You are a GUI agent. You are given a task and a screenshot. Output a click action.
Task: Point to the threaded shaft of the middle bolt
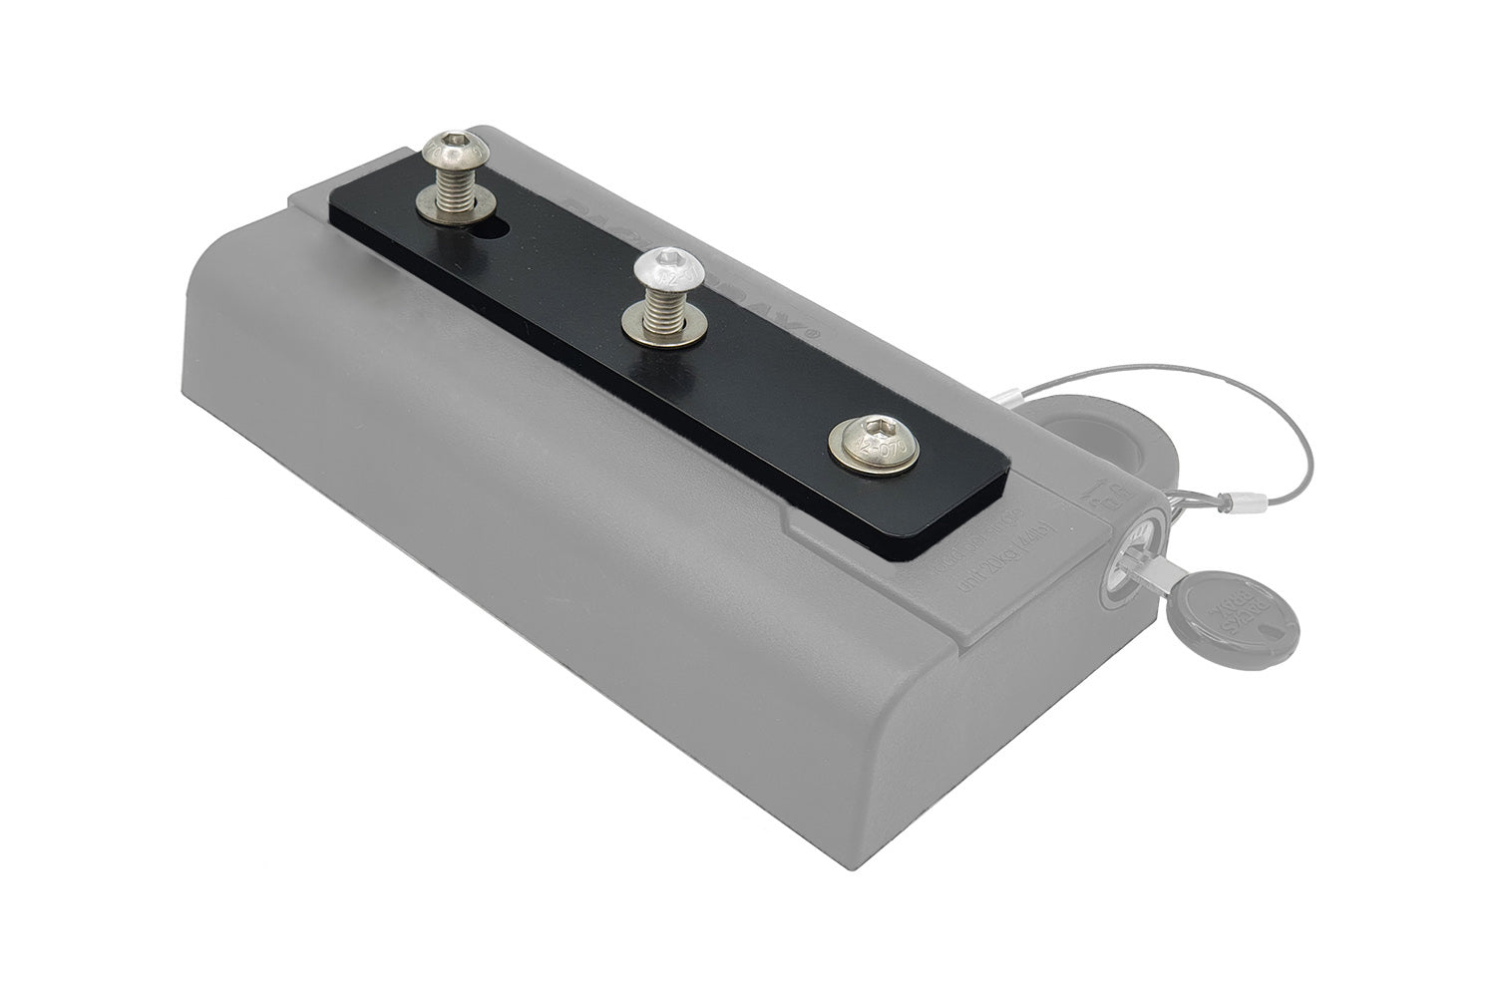pyautogui.click(x=663, y=297)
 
